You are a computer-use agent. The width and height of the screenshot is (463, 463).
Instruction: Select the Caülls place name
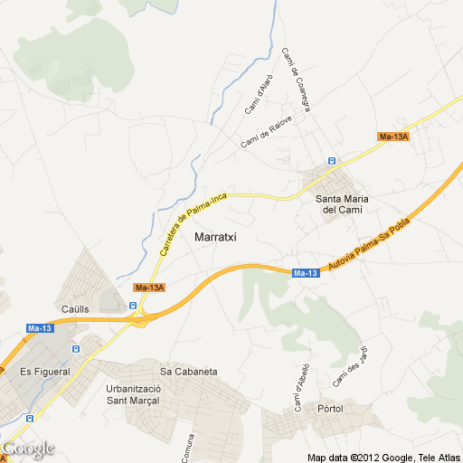[74, 308]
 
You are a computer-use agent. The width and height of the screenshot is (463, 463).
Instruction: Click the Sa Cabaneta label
[188, 371]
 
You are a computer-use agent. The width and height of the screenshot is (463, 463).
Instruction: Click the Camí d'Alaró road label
[259, 94]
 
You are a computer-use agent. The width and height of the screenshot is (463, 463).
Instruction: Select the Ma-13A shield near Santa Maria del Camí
[394, 137]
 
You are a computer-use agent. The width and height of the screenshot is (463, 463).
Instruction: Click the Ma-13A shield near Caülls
[148, 288]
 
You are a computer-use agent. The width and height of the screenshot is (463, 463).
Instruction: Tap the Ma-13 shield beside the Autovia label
[306, 273]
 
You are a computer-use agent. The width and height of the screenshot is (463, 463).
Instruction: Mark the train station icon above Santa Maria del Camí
[331, 161]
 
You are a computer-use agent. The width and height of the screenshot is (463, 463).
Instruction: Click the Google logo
[28, 449]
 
